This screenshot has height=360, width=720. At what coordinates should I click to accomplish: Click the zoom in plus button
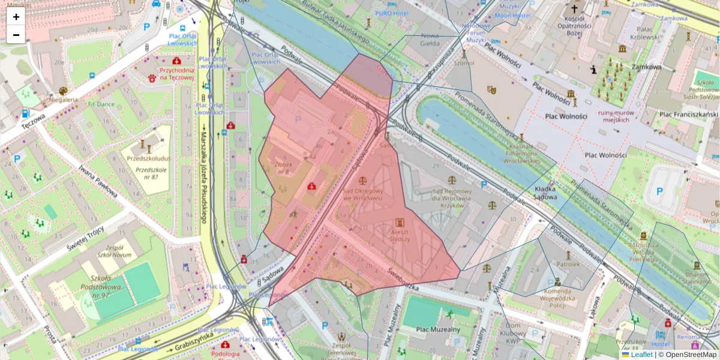(x=16, y=16)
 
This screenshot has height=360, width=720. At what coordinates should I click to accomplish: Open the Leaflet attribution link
(x=641, y=355)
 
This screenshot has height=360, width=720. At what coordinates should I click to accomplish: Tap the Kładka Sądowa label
(x=538, y=193)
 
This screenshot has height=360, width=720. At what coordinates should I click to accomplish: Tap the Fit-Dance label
(x=100, y=104)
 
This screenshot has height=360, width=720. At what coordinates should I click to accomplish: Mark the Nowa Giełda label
(x=430, y=39)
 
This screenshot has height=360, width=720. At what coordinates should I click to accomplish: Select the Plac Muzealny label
(x=440, y=329)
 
